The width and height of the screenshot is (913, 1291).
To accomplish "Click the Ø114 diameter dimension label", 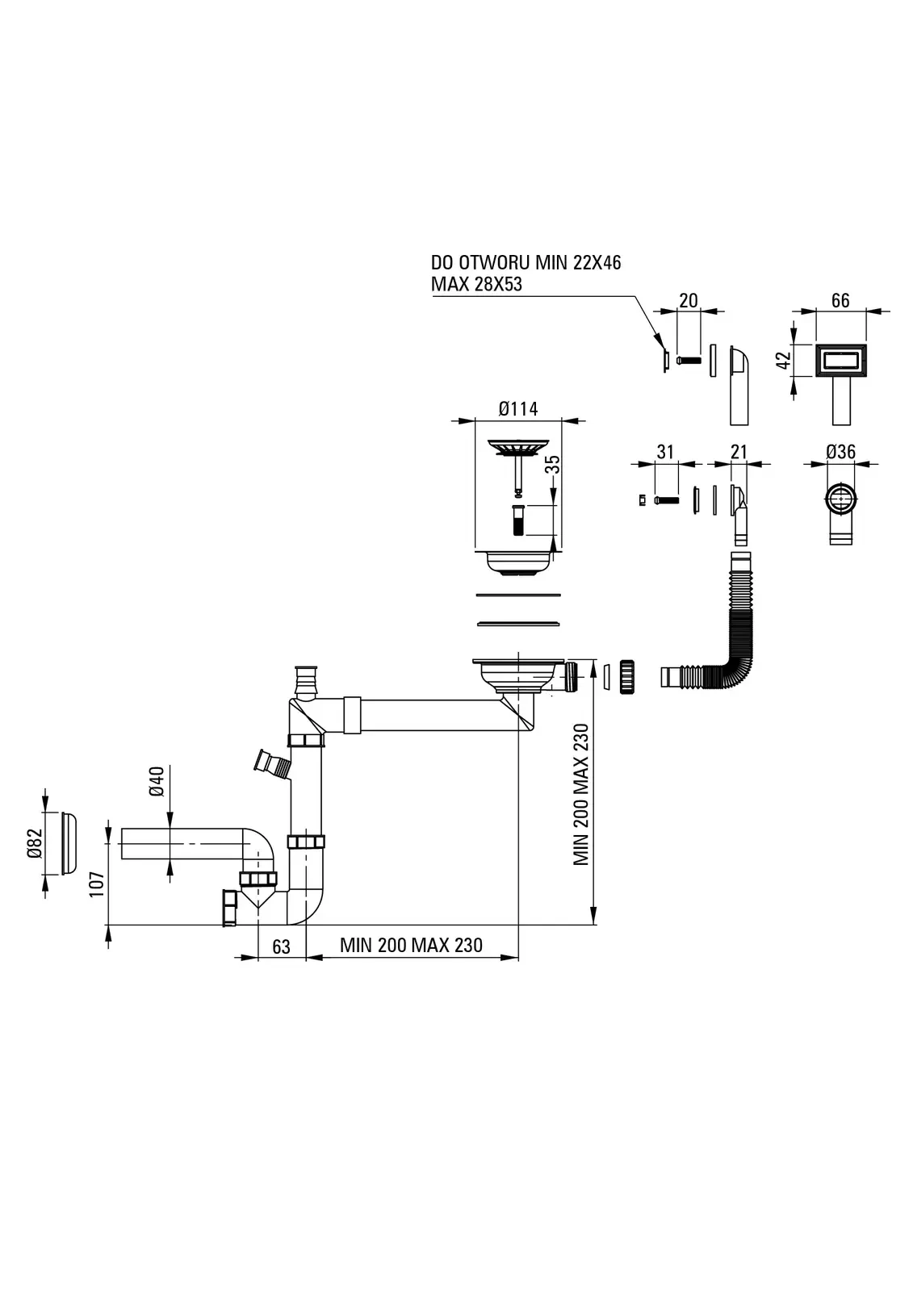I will point(518,409).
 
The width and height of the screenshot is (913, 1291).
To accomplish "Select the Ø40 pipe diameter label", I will point(157,781).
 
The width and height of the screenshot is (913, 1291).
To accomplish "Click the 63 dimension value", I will point(281,946).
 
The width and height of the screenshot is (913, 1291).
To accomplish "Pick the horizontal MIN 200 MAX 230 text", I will point(411,946).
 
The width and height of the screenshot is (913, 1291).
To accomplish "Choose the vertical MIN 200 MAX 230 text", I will point(581,795).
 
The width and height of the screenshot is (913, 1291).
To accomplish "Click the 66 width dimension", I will point(840,300).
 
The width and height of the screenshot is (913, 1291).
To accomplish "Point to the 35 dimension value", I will point(553,466).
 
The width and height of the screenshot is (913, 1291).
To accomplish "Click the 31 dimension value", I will point(665,452).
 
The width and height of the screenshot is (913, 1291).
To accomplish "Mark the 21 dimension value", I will point(739,452).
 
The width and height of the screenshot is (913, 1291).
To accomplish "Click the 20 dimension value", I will point(688,301).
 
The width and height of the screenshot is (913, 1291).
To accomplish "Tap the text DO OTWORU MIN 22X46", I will point(526,262).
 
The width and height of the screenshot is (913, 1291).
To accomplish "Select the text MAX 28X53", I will point(476,285).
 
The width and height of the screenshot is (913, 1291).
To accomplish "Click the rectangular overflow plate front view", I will point(842,360).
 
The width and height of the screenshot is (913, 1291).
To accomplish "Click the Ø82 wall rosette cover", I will point(68,842).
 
